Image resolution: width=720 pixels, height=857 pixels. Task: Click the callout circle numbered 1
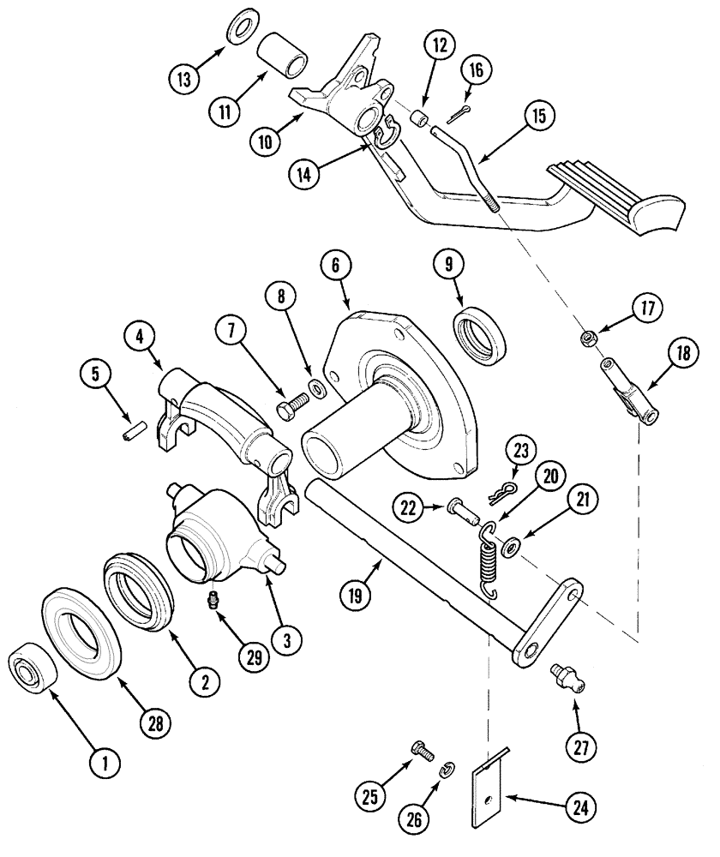point(105,760)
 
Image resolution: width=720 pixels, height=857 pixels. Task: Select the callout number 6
point(336,267)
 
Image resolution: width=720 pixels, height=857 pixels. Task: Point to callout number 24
point(581,806)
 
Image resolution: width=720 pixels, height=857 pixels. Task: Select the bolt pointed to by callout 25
point(423,750)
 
